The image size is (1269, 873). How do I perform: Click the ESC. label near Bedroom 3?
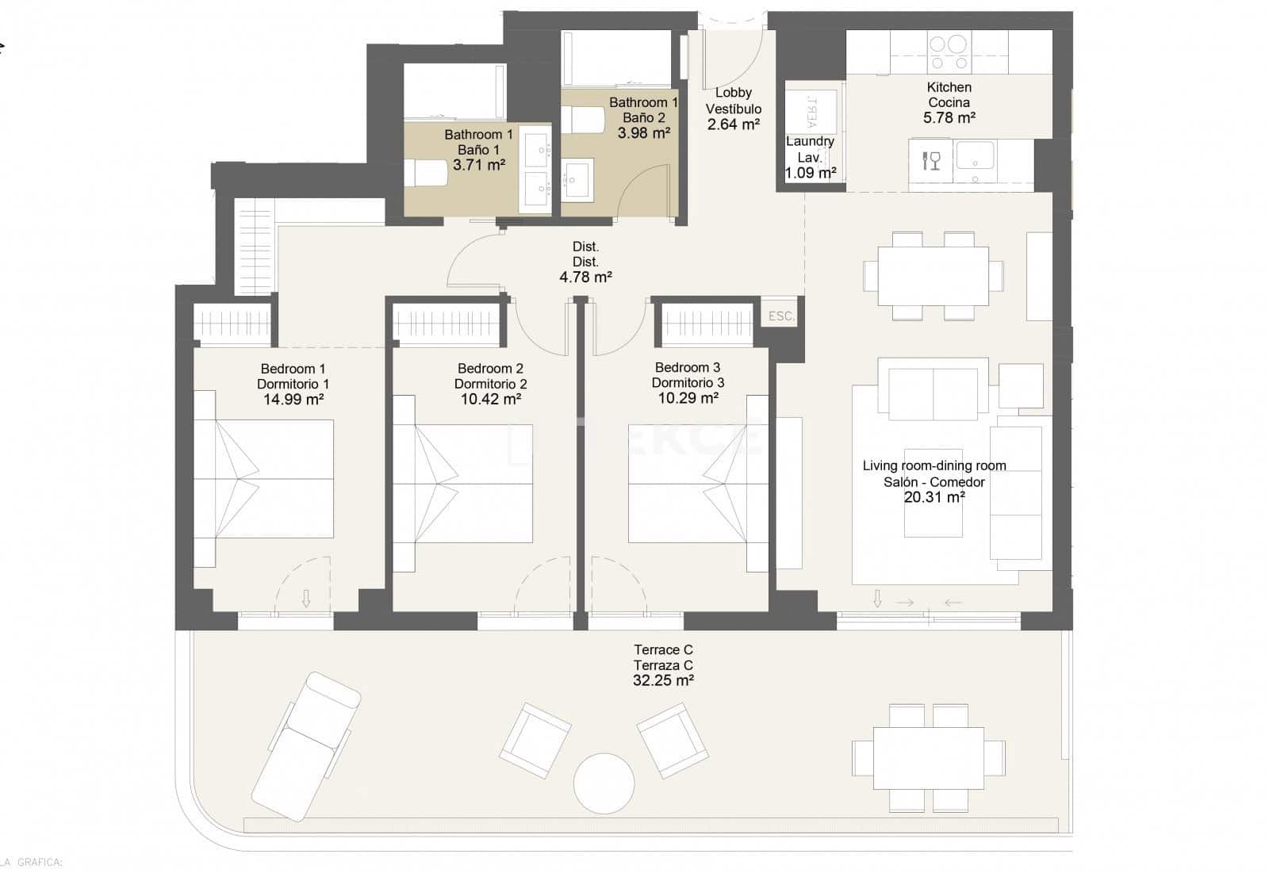click(781, 316)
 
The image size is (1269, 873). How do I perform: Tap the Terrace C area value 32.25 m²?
click(663, 680)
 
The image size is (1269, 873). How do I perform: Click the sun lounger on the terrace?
click(306, 745)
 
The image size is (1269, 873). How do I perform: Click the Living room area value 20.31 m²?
click(934, 497)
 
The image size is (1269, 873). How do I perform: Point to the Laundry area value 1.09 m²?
click(810, 173)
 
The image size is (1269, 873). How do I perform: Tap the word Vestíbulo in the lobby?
click(734, 109)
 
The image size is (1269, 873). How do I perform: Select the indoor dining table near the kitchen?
click(933, 276)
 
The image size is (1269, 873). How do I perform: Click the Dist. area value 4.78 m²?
click(585, 278)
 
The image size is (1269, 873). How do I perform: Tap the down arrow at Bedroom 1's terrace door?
click(306, 599)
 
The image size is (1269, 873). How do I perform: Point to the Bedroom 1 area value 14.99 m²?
click(293, 400)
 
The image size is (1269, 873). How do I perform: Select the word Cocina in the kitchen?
click(949, 102)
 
